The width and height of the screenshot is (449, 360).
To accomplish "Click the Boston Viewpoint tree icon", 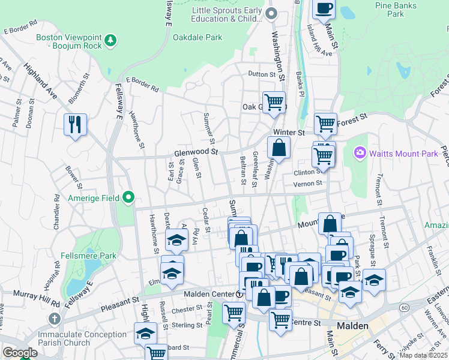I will click(110, 40).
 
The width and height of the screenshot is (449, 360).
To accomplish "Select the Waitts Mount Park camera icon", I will click(360, 154).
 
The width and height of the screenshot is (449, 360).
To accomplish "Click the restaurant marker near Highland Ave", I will click(75, 125).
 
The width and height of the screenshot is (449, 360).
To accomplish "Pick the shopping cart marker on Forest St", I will click(325, 124).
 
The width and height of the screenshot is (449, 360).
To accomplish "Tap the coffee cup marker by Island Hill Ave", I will click(324, 9).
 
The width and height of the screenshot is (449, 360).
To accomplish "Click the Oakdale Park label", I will click(197, 37).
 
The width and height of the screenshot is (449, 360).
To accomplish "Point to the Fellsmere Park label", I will click(89, 255).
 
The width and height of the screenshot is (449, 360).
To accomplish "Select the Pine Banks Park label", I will click(396, 9).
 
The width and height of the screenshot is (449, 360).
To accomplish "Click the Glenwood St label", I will click(195, 152).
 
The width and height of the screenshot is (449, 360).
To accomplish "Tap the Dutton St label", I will click(261, 74).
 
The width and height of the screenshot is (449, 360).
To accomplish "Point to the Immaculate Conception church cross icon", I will click(54, 319).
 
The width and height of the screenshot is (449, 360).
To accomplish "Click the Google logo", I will click(20, 353).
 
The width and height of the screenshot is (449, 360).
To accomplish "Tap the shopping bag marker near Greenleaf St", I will click(279, 148).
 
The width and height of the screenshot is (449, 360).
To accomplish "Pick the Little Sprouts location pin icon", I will click(271, 14).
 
